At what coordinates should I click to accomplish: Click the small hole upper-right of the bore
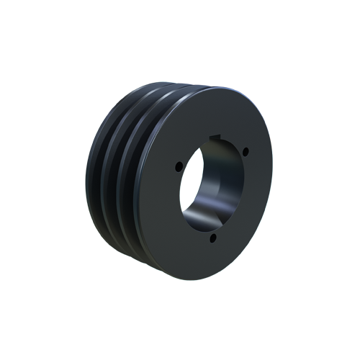(246, 151)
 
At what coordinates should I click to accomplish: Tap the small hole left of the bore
(179, 167)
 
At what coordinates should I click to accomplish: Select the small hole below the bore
(213, 236)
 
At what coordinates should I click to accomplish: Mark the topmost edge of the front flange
(216, 88)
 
